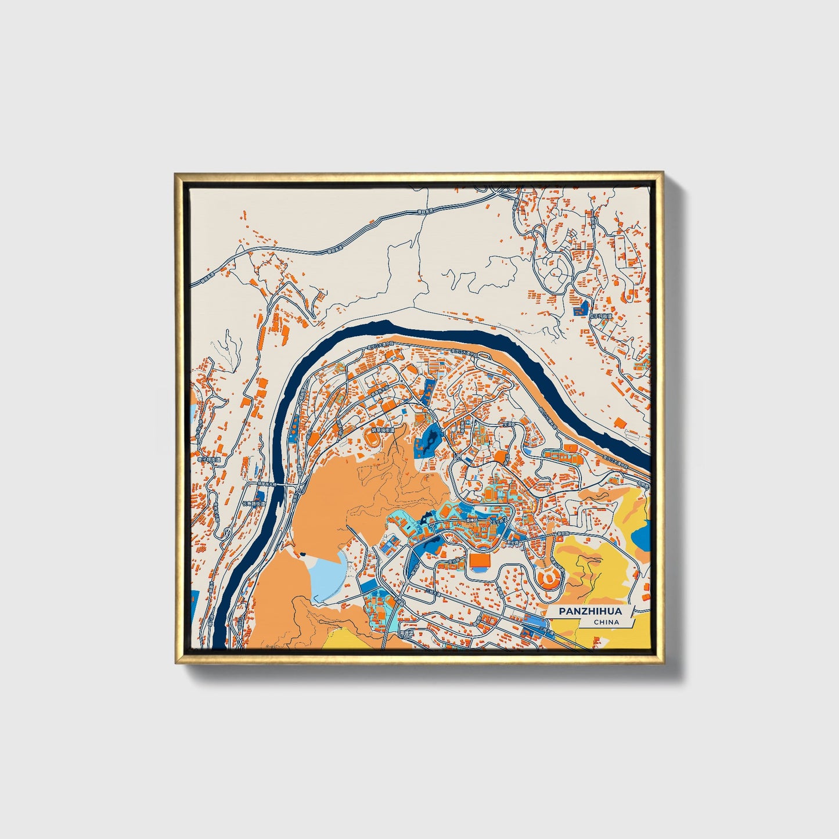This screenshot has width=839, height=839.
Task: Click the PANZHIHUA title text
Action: click(590, 611)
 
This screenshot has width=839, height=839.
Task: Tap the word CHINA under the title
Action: click(606, 622)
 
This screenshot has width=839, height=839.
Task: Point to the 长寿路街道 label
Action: click(253, 504)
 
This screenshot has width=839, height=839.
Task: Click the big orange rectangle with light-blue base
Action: click(480, 561)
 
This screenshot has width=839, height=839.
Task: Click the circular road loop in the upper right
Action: click(558, 270)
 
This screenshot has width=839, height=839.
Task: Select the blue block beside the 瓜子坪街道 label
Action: click(581, 311)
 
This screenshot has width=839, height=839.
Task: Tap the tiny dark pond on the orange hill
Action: click(303, 555)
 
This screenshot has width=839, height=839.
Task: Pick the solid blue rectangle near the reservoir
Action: click(370, 586)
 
